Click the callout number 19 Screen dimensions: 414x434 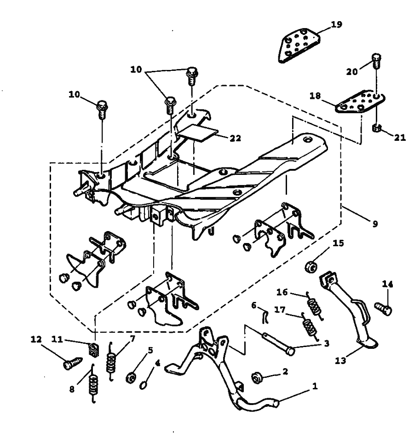point(336,24)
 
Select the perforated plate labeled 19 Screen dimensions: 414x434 point(299,45)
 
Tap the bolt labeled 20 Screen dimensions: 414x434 point(376,61)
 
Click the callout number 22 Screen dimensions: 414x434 point(236,138)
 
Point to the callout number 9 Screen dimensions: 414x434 point(375,224)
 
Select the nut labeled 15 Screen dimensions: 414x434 point(311,267)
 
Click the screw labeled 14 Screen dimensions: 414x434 point(383,308)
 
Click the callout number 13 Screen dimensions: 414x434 point(340,361)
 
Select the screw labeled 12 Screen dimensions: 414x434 point(73,364)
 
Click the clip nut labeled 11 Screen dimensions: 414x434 point(94,349)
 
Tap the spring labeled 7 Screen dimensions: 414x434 point(111,361)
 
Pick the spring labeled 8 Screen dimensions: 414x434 point(93,384)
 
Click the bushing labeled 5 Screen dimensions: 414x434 point(130,378)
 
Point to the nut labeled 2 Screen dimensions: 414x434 point(257,378)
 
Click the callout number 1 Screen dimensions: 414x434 point(315,386)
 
